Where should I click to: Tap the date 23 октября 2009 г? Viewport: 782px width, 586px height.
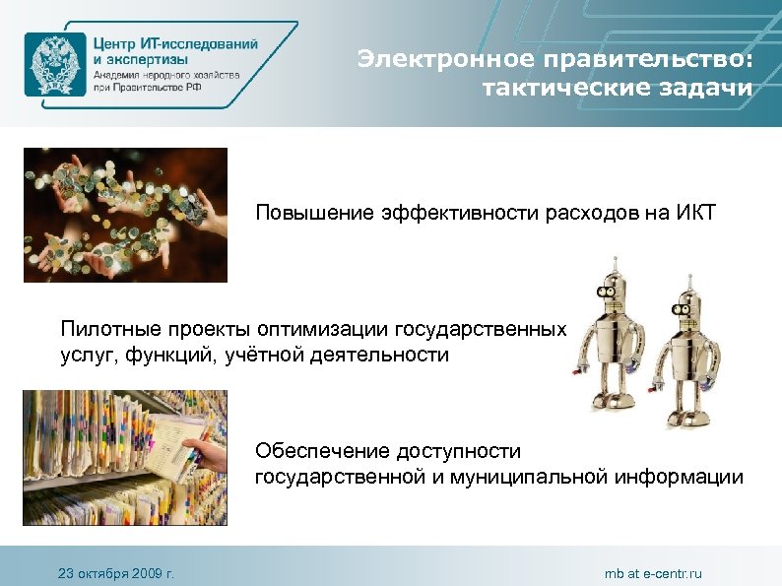click(x=115, y=573)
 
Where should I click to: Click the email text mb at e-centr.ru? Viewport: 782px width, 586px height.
click(x=653, y=573)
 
